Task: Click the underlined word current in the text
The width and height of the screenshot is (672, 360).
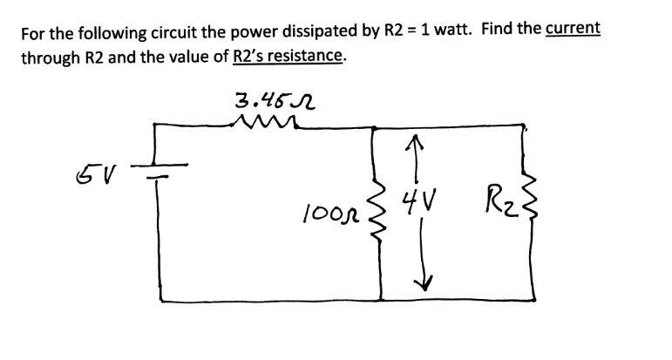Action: (572, 28)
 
